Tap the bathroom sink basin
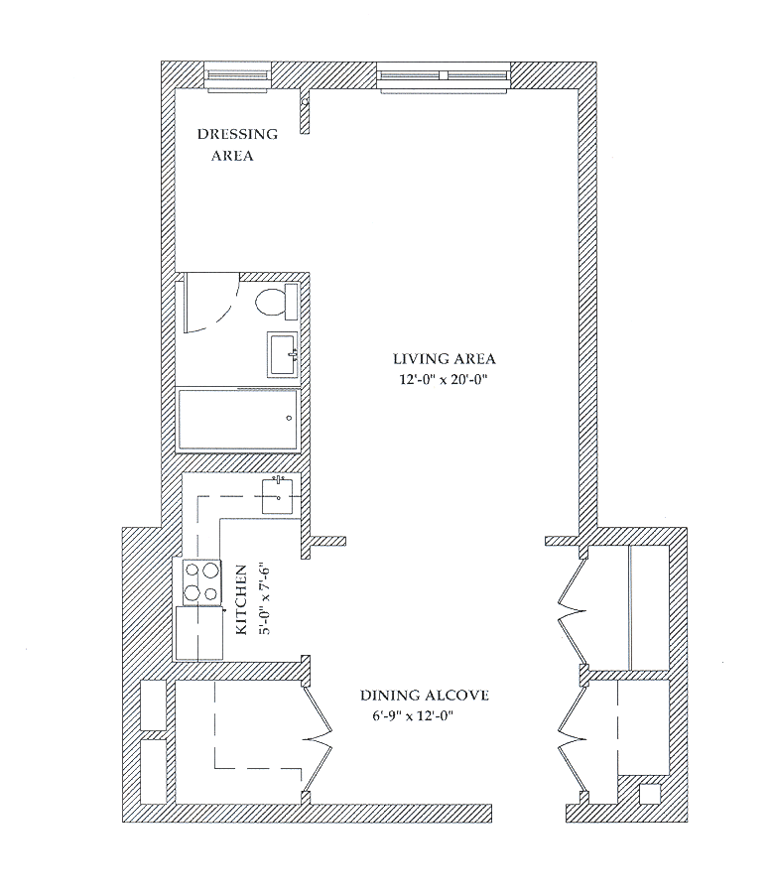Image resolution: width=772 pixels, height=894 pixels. (x=282, y=354)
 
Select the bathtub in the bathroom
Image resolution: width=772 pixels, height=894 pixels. (x=238, y=420)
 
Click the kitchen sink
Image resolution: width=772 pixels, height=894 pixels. (x=278, y=496)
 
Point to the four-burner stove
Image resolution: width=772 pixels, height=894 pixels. (x=201, y=581)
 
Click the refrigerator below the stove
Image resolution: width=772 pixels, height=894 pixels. (x=199, y=633)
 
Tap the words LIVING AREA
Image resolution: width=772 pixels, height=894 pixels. (x=445, y=359)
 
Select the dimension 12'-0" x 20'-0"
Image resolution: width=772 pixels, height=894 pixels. (x=443, y=380)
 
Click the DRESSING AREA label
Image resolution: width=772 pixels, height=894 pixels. (x=237, y=145)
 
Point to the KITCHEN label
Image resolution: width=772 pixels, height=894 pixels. (x=242, y=599)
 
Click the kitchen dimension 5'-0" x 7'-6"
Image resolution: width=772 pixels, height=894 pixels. (x=263, y=599)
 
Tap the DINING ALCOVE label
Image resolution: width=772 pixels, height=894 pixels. (x=424, y=696)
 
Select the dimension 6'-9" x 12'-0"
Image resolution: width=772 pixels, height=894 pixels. (x=413, y=716)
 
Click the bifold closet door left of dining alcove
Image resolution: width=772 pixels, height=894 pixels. (x=317, y=740)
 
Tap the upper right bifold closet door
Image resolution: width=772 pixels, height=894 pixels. (x=572, y=612)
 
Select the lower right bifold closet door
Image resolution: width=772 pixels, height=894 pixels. (x=572, y=740)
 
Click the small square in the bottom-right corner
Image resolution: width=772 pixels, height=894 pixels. (x=650, y=794)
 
